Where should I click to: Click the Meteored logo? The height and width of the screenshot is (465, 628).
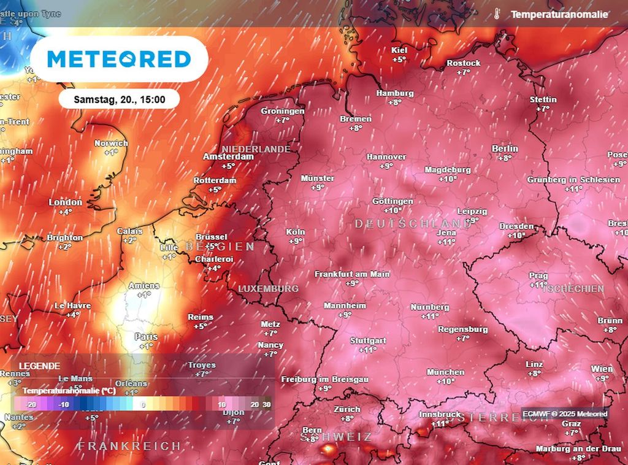(x=119, y=59)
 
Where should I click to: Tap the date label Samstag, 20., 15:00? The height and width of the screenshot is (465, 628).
(x=119, y=99)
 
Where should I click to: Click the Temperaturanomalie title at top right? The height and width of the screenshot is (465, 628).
(x=559, y=14)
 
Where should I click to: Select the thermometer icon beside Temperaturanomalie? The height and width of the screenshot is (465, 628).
(x=496, y=14)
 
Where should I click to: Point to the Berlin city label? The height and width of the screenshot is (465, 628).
(x=505, y=148)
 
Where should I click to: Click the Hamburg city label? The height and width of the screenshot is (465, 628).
(x=394, y=93)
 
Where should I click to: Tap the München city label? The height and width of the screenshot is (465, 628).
(x=446, y=372)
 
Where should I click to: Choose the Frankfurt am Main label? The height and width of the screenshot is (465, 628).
(x=352, y=274)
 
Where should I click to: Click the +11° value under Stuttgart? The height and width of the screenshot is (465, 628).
(x=367, y=350)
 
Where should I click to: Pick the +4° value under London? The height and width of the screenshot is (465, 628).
(x=66, y=212)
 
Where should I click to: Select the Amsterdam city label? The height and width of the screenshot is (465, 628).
(x=228, y=156)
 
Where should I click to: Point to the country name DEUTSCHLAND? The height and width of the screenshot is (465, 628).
(x=414, y=224)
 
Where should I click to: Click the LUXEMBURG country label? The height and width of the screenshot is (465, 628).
(x=268, y=288)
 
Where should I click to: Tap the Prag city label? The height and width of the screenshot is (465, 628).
(x=538, y=276)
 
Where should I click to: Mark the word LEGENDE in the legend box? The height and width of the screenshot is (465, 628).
(x=39, y=366)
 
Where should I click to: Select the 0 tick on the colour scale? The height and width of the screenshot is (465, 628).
(x=143, y=405)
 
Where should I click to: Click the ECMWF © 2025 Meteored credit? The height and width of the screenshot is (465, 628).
(x=565, y=414)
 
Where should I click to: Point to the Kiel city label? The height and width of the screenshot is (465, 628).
(x=399, y=50)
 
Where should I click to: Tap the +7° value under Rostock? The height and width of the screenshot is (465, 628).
(x=463, y=72)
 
